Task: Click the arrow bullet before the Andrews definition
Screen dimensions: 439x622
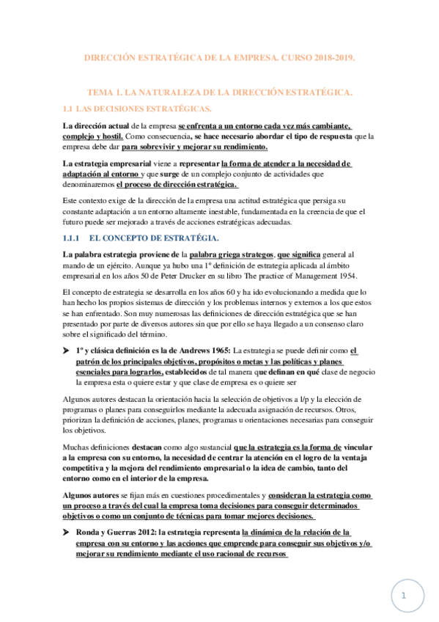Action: pyautogui.click(x=67, y=351)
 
